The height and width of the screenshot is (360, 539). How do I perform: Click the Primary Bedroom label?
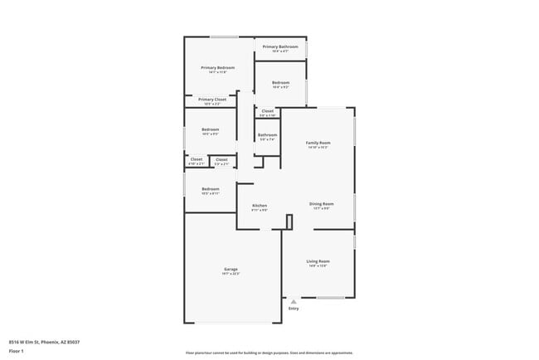218,67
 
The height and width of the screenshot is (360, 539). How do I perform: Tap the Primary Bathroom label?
280,46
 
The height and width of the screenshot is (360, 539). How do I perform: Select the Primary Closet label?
212,99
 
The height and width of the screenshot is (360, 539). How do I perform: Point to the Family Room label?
318,143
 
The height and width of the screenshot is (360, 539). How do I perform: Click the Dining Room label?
322,203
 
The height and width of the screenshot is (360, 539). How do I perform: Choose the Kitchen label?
260,205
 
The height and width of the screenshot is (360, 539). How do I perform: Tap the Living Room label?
318,261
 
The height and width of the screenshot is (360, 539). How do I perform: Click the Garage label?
231,269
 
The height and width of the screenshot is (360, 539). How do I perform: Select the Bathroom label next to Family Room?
267,134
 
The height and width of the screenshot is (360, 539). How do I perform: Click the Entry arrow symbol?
293,301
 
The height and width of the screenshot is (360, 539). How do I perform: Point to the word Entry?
293,309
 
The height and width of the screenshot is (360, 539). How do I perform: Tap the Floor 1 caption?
17,351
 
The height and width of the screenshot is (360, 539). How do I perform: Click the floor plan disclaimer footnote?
269,352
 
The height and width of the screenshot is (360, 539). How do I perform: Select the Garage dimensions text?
231,274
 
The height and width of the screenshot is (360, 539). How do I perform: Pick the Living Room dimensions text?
318,266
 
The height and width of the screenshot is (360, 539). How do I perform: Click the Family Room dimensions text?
318,148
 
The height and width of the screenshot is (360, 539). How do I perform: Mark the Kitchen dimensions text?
260,210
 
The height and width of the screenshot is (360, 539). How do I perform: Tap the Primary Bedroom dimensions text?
218,72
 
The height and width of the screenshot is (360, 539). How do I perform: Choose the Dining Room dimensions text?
322,208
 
